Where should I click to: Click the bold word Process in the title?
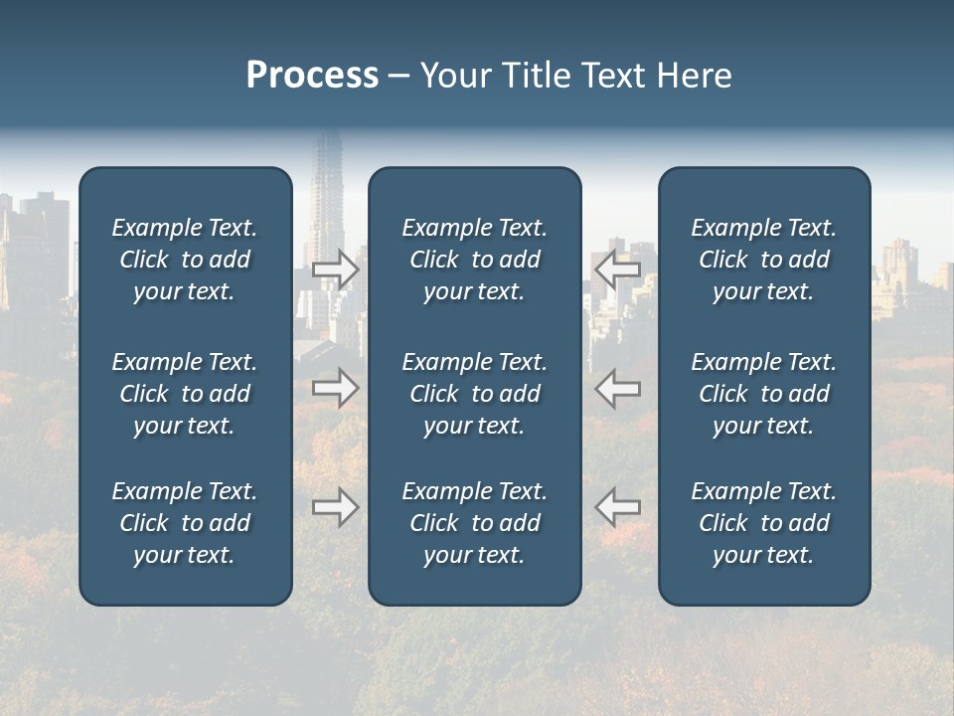[x=312, y=76]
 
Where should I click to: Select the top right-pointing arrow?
[x=335, y=269]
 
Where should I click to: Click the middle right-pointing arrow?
[x=335, y=388]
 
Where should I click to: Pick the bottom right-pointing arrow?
[x=335, y=507]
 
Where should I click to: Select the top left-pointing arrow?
[x=618, y=269]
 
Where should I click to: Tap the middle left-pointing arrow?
[x=618, y=388]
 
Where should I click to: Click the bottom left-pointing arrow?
[x=618, y=507]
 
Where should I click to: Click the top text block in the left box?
[x=185, y=260]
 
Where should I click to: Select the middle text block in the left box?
[x=185, y=394]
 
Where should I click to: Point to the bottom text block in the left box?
[x=185, y=523]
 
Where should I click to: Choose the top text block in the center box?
[x=474, y=260]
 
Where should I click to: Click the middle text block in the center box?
[x=474, y=394]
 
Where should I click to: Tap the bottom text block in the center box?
[x=474, y=523]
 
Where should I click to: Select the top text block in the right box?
[x=763, y=260]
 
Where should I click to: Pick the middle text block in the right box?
[x=763, y=394]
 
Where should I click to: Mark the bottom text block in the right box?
[x=763, y=523]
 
